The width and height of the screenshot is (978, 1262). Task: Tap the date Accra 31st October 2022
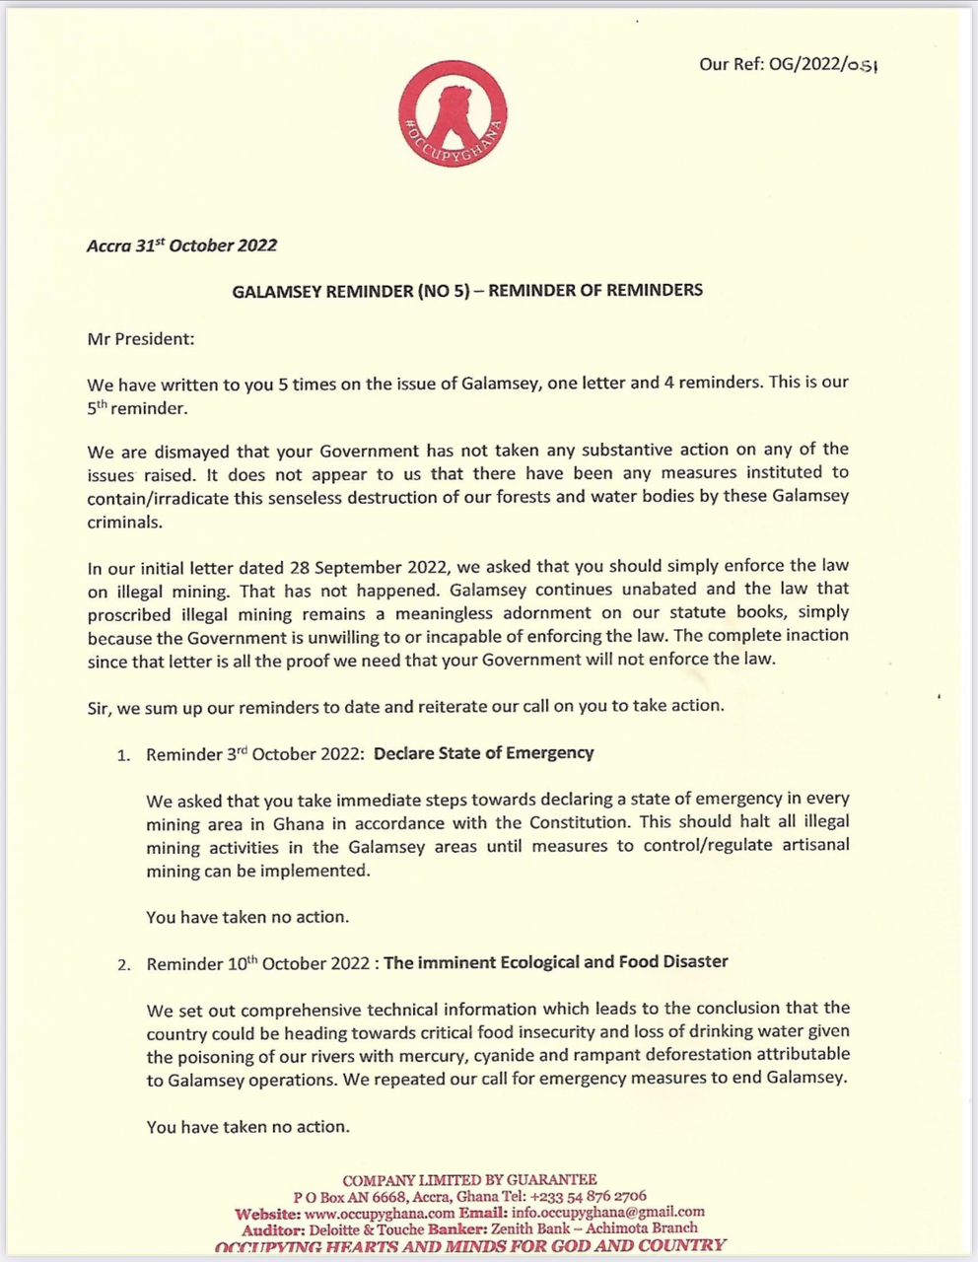click(182, 245)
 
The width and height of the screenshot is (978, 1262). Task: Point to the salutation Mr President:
click(141, 338)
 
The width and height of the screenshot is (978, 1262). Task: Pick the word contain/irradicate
click(156, 497)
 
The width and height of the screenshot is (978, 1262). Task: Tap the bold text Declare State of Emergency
click(484, 753)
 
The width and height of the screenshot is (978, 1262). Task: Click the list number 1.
click(122, 756)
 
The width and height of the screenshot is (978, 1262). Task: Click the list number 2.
click(122, 964)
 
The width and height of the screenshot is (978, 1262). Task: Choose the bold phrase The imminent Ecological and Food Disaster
click(556, 961)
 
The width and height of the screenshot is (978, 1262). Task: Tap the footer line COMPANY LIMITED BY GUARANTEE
click(469, 1179)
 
